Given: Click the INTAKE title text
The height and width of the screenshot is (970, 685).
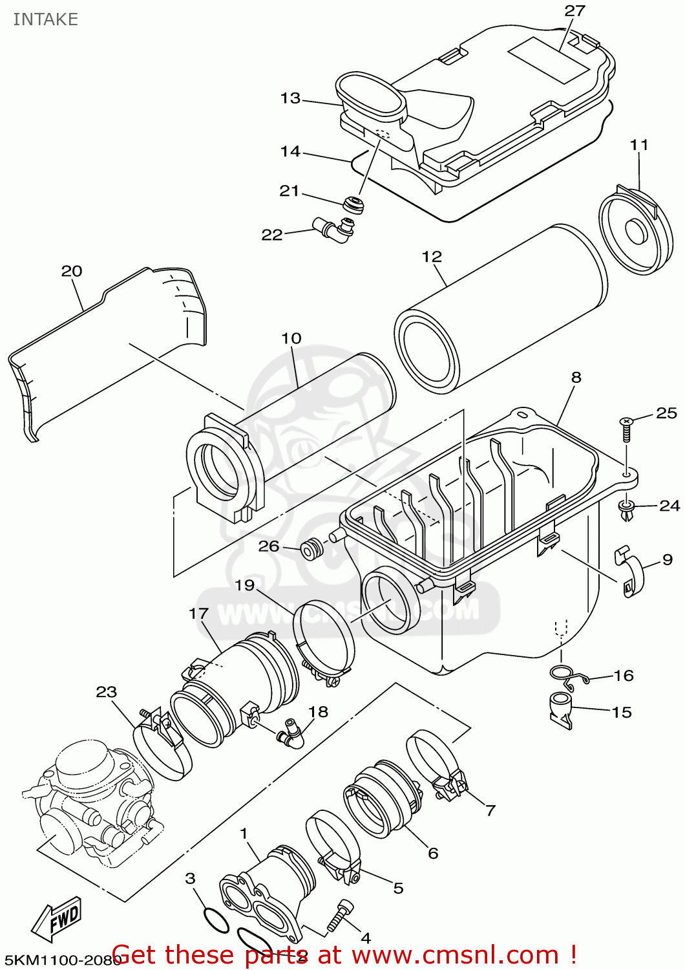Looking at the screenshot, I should (45, 19).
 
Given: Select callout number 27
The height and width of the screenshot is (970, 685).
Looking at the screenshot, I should (574, 11).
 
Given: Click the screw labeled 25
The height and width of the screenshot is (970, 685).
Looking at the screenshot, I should (626, 427).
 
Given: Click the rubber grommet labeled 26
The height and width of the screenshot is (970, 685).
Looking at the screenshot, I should (312, 548).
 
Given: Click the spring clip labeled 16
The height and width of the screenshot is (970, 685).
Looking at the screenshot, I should (569, 675).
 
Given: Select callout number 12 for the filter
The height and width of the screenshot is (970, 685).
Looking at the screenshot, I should (432, 257).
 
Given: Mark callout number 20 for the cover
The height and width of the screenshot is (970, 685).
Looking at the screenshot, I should (72, 271).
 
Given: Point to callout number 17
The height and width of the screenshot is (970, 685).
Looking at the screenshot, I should (198, 614).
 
